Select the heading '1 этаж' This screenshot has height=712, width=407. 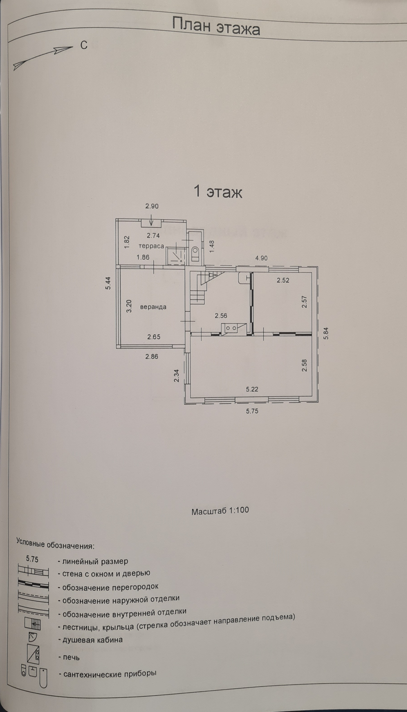[218, 192]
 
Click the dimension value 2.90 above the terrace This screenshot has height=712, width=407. [152, 206]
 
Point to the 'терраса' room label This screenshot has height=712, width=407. [151, 246]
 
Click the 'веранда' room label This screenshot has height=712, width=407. [153, 307]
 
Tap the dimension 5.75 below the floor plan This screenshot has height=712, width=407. [252, 411]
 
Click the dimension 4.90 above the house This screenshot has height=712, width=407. [261, 258]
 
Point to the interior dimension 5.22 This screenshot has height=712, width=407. [252, 389]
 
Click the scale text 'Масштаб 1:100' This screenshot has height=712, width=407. [220, 511]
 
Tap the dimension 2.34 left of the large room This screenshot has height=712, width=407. [176, 376]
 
